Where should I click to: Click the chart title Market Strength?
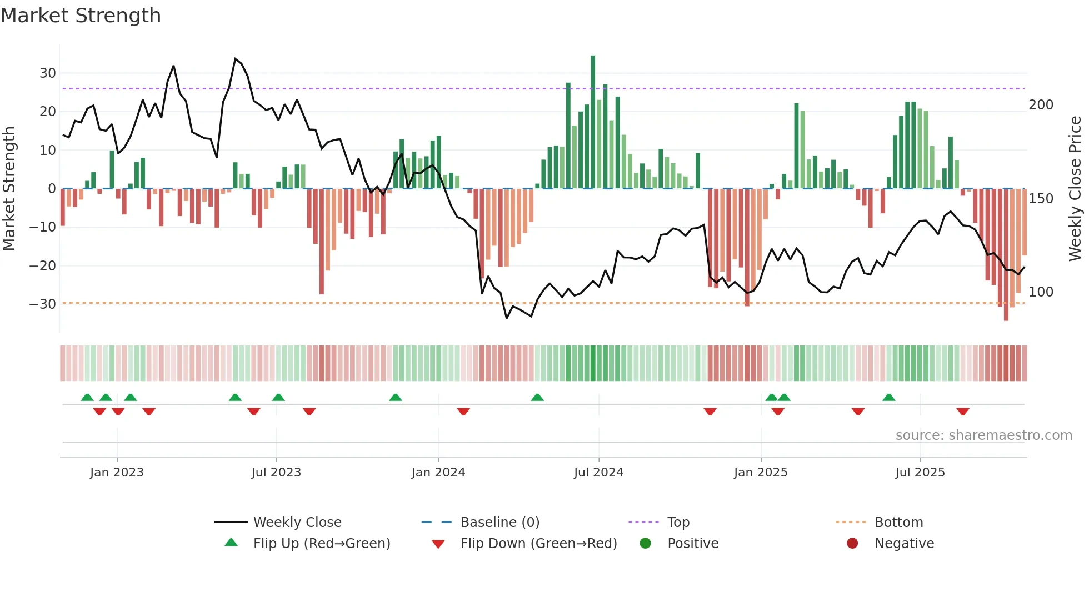tap(81, 16)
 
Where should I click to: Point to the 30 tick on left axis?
tap(48, 73)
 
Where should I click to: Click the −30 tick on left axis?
tap(43, 304)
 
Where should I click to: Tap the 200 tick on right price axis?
tap(1041, 105)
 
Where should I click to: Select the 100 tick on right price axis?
tap(1041, 292)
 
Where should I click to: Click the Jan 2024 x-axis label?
tap(438, 473)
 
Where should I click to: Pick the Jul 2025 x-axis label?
tap(920, 473)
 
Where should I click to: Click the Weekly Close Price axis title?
tap(1075, 189)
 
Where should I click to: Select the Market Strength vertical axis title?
tap(9, 189)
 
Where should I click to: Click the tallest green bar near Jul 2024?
tap(593, 122)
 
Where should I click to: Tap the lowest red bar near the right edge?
tap(1006, 255)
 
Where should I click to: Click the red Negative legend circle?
tap(852, 544)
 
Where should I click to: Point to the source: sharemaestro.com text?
tap(983, 435)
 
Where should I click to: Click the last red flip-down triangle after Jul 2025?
tap(963, 412)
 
